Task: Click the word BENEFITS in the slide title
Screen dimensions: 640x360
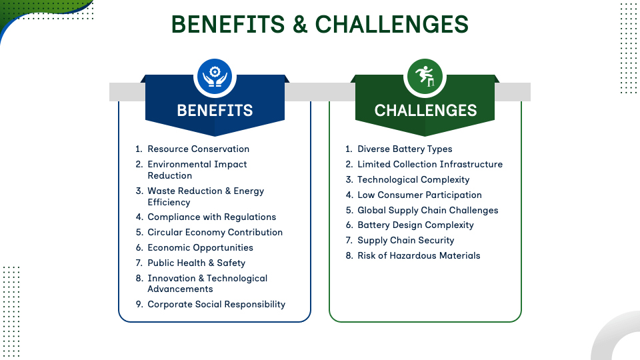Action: click(228, 24)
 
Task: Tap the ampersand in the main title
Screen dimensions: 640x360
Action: click(299, 24)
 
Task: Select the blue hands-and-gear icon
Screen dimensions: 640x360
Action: click(215, 76)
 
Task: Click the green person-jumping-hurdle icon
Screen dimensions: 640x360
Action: click(425, 76)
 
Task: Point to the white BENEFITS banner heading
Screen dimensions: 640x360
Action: click(215, 110)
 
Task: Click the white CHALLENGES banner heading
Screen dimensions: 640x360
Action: click(425, 110)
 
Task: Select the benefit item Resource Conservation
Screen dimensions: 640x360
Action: click(199, 149)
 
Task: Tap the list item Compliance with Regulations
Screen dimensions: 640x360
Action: click(212, 217)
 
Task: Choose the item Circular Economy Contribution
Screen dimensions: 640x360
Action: click(215, 232)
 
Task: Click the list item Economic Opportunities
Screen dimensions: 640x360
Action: click(201, 247)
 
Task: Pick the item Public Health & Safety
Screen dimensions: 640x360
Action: click(196, 263)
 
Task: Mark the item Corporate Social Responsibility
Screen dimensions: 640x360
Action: click(216, 304)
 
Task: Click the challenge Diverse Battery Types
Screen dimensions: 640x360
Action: click(405, 149)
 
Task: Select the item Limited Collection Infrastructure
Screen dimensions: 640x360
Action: click(430, 164)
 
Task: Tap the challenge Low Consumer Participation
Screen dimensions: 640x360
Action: click(419, 195)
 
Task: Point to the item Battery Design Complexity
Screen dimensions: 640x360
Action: click(415, 225)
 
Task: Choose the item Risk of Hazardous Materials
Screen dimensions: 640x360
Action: click(419, 255)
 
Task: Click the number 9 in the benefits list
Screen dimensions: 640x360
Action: click(139, 304)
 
